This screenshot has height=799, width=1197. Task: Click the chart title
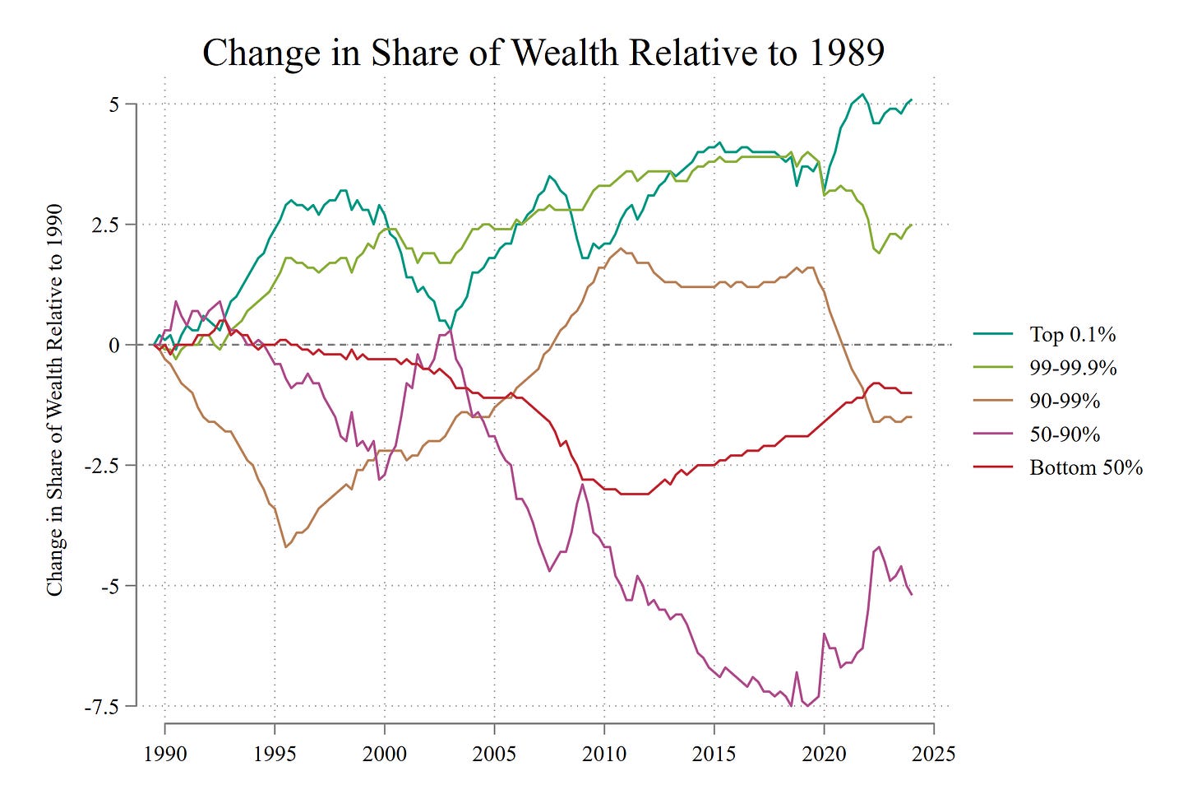[543, 53]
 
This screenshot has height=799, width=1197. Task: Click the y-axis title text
[54, 400]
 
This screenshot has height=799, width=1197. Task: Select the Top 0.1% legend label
[1073, 334]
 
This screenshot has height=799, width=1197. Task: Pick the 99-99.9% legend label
[1073, 368]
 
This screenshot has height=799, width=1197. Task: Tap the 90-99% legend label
[1065, 401]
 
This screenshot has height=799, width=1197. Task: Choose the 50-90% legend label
[1065, 434]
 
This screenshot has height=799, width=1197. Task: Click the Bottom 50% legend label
[1086, 467]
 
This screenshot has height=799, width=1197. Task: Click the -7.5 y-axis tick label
[102, 707]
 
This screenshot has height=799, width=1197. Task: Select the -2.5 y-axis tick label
[102, 466]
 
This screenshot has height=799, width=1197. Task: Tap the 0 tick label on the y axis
[113, 346]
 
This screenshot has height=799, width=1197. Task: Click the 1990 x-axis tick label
[165, 754]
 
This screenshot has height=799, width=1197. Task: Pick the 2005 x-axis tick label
[494, 754]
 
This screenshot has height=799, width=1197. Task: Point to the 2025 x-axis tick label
[934, 754]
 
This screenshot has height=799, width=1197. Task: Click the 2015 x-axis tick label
[714, 754]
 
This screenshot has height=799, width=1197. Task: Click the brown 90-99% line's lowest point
[286, 547]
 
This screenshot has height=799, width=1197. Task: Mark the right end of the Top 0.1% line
[912, 100]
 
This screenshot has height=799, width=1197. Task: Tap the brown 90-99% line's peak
[620, 249]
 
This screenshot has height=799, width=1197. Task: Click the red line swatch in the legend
[993, 467]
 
